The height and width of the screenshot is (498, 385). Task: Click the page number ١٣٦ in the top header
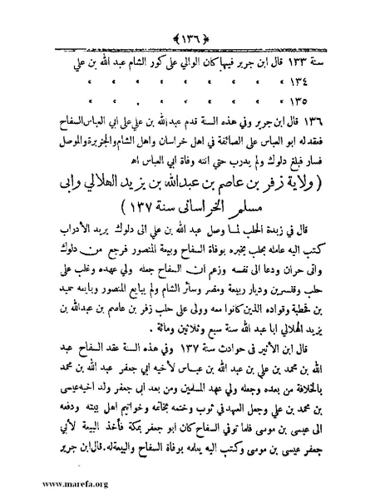(x=193, y=16)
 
